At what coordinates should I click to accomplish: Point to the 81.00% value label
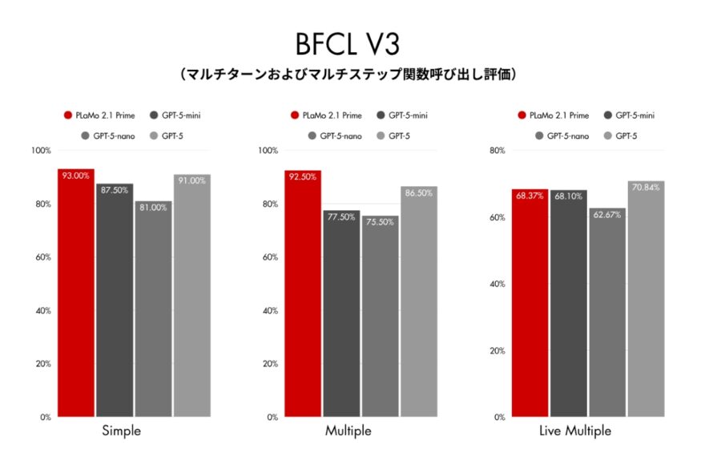pyautogui.click(x=153, y=207)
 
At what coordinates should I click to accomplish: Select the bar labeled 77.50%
pyautogui.click(x=341, y=313)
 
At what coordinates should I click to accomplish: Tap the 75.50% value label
pyautogui.click(x=380, y=221)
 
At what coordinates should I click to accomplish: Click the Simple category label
pyautogui.click(x=122, y=431)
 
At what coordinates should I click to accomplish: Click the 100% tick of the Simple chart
pyautogui.click(x=41, y=151)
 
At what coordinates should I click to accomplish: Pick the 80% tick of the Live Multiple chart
pyautogui.click(x=497, y=151)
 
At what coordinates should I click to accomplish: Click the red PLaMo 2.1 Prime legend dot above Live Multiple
pyautogui.click(x=522, y=115)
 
